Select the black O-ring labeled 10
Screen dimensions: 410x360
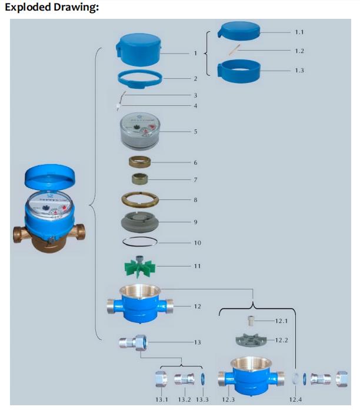(x=141, y=242)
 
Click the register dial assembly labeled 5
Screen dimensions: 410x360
(x=141, y=131)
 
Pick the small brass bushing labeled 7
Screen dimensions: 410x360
(x=141, y=178)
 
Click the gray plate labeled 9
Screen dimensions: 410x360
(x=141, y=222)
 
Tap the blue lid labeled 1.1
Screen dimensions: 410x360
(x=239, y=31)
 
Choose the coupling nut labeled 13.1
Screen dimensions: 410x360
(x=161, y=378)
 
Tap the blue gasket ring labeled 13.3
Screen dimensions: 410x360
(x=202, y=378)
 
